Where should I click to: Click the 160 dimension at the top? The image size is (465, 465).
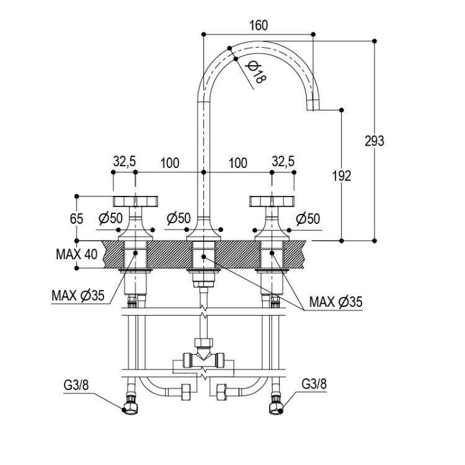click(259, 25)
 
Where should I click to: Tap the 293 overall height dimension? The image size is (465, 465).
click(374, 141)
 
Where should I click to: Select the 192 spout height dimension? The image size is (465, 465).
click(342, 176)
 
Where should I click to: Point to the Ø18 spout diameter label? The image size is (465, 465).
click(257, 72)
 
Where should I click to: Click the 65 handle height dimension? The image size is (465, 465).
click(76, 219)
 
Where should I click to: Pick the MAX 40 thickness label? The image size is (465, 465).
click(76, 254)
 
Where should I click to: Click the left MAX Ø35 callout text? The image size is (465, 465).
click(78, 295)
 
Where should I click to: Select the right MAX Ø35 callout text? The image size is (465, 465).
click(335, 302)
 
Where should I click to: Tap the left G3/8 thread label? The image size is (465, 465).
click(76, 385)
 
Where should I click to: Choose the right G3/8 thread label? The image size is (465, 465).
click(314, 384)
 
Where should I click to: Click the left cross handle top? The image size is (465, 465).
click(136, 201)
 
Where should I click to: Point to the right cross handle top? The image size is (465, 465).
click(272, 201)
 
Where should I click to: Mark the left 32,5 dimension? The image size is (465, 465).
click(124, 162)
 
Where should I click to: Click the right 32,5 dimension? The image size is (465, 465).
click(283, 162)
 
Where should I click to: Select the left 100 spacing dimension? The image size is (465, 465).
click(170, 163)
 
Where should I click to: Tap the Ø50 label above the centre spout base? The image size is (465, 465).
click(179, 218)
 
